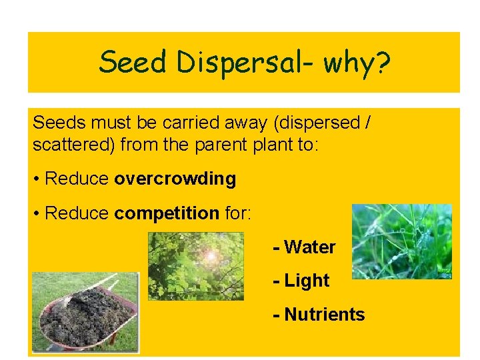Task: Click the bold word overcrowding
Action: coord(175,179)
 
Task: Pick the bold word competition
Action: coord(167,213)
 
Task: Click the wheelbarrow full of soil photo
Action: coord(85,311)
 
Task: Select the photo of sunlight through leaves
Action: coord(195,266)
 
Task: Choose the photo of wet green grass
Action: coord(401,241)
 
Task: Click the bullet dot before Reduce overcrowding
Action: coord(36,179)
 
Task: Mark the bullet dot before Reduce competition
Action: coord(36,213)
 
